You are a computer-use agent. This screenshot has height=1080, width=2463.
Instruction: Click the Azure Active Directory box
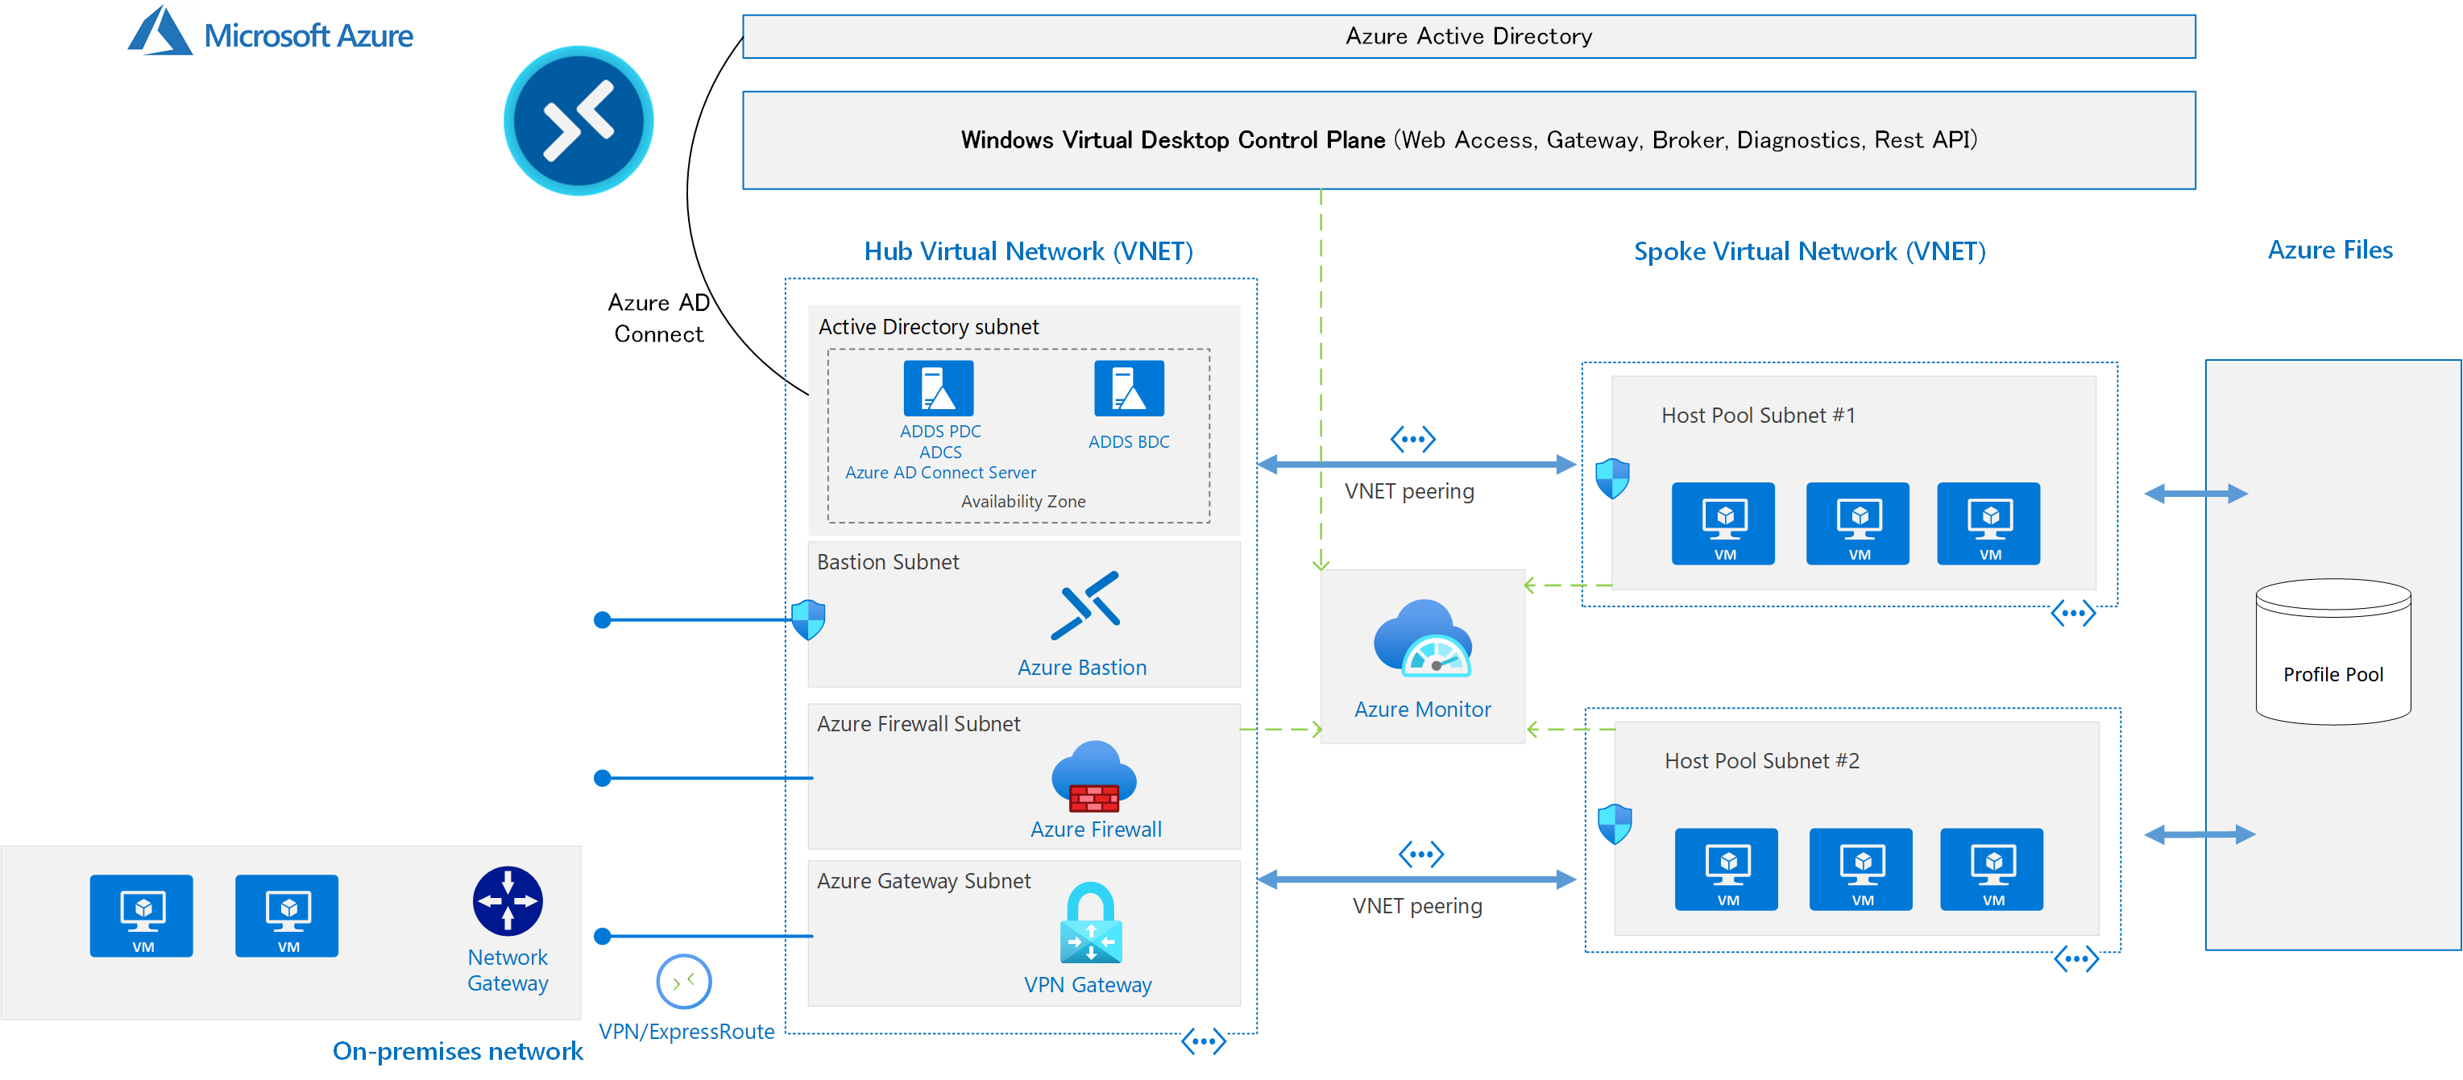coord(1468,36)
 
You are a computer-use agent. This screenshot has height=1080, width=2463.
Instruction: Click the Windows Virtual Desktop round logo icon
coord(578,121)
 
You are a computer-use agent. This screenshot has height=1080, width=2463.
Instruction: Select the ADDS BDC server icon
coord(1128,388)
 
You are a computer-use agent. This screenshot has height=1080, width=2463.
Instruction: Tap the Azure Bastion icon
coord(1085,605)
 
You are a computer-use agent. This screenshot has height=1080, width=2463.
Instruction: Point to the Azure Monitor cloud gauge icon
coord(1423,639)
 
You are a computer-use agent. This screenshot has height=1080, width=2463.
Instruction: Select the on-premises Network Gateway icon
coord(508,900)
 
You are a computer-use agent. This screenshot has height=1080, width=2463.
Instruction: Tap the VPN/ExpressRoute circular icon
coord(684,981)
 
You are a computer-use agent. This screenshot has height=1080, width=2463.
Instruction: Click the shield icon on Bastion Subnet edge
coord(809,619)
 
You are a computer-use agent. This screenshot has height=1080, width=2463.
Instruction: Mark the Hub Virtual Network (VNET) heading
coord(1028,251)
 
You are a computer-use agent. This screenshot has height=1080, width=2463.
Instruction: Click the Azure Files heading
coord(2329,250)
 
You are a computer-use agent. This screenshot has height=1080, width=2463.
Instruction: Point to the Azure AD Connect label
coord(659,318)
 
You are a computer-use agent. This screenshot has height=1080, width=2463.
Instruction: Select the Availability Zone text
coord(1022,502)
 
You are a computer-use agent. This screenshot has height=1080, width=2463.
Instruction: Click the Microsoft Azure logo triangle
coord(160,32)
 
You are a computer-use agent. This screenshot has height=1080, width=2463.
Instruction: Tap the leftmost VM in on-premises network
coord(142,915)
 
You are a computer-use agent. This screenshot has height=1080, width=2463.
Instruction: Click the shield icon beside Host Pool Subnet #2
coord(1614,823)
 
